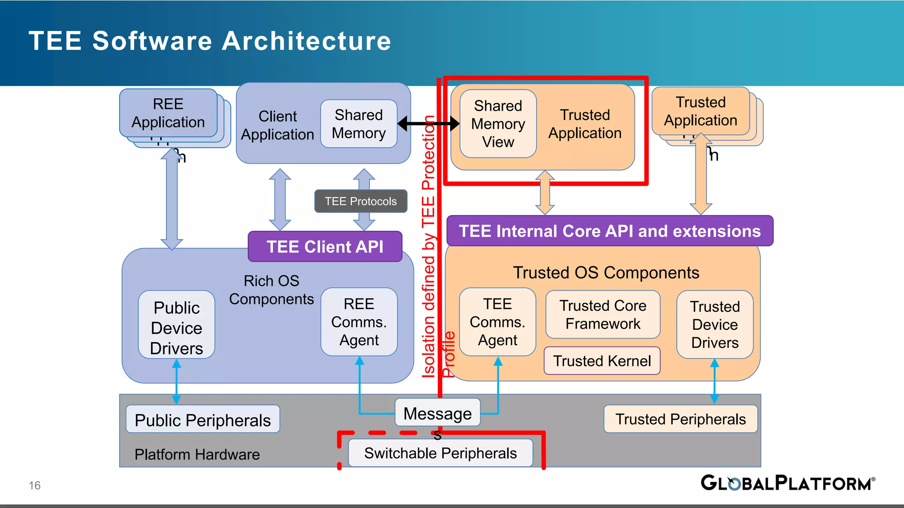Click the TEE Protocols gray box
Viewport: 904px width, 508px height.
(361, 202)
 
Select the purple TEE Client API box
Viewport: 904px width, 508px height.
(325, 247)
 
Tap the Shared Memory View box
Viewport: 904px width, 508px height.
(498, 124)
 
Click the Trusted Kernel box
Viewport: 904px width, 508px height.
(602, 361)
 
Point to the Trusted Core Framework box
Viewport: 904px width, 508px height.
(603, 314)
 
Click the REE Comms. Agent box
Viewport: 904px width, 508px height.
(359, 322)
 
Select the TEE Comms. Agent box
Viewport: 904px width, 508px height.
(497, 322)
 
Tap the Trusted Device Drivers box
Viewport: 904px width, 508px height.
(715, 325)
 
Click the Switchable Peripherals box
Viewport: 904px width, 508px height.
(440, 453)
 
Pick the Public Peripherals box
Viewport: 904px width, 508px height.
(203, 419)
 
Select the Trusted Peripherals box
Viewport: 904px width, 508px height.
(680, 419)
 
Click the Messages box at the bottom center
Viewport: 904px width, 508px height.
(437, 413)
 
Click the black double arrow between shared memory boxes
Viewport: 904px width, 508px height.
(428, 123)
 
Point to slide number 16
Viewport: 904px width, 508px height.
(34, 486)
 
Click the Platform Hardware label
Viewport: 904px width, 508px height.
(197, 454)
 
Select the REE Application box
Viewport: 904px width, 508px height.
(168, 113)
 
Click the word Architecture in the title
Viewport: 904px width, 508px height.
(306, 41)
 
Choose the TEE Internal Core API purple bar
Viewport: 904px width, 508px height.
(610, 231)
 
